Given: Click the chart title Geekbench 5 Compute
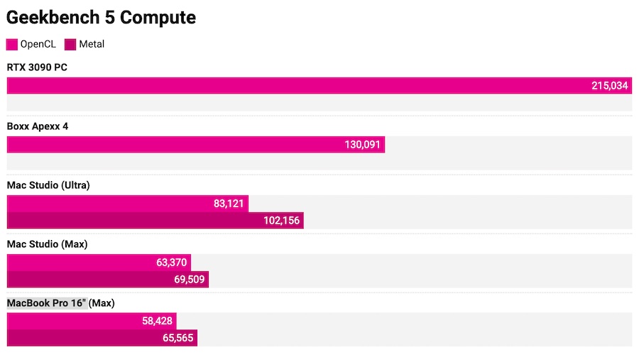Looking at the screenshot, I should [x=102, y=18].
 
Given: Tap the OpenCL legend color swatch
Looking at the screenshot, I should [x=12, y=45].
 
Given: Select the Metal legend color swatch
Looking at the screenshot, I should [x=70, y=45].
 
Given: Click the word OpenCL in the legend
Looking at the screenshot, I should [x=38, y=45].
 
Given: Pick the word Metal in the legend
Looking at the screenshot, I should [x=92, y=45].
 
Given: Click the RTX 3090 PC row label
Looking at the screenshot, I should [x=37, y=67].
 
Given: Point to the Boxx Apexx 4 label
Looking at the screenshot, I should [x=38, y=126].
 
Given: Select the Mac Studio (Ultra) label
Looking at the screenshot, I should [x=48, y=185].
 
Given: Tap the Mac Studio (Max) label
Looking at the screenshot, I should [x=46, y=244].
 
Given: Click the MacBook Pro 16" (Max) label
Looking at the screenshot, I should [x=61, y=303].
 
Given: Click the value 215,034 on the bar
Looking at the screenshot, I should [x=609, y=86].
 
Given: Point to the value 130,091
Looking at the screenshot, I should [x=362, y=145].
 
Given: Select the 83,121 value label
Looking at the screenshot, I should [x=229, y=204].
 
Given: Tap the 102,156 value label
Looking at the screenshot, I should [x=281, y=221].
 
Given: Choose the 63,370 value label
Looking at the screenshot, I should [x=171, y=263].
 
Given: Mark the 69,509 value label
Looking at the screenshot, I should [x=189, y=280].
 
